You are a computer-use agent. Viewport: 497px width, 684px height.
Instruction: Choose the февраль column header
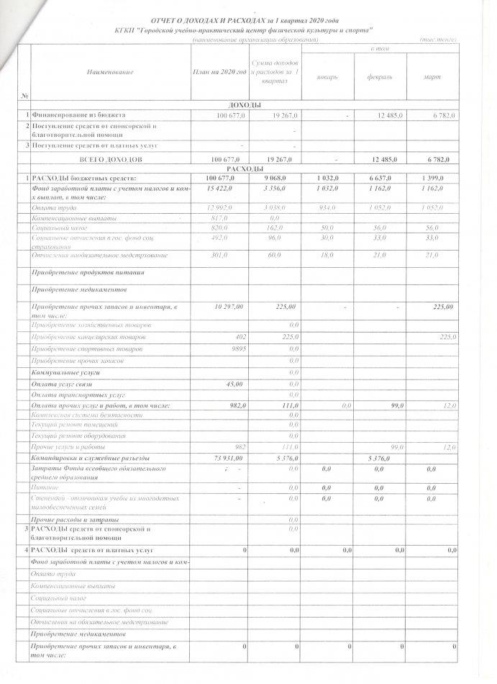379,77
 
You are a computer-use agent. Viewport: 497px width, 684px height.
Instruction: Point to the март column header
433,77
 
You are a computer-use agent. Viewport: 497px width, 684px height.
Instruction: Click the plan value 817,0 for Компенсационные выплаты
237,217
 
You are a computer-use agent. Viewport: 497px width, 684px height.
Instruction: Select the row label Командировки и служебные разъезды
90,459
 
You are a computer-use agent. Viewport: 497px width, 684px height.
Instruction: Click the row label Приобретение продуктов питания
88,273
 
